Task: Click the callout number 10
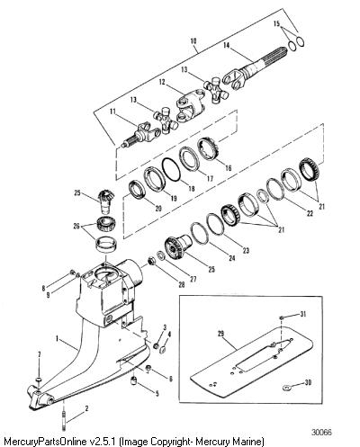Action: point(193,40)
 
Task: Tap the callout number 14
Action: point(226,45)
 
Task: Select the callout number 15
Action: point(276,23)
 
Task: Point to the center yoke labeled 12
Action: point(191,104)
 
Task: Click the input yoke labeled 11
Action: point(142,135)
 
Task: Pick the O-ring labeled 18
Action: point(171,169)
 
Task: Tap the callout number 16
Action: point(229,168)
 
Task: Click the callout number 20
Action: point(158,209)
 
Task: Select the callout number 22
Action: point(310,213)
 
